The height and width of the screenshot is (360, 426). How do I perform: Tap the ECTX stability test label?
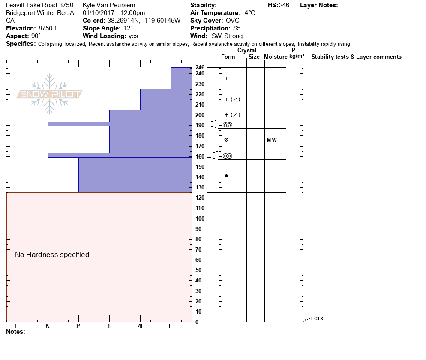[x=317, y=318]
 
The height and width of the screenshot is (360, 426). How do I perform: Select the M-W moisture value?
[x=272, y=140]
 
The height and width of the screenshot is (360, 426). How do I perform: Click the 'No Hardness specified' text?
[x=52, y=255]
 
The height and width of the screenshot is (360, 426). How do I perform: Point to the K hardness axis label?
[x=48, y=326]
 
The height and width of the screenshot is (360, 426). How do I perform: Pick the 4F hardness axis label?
[x=141, y=326]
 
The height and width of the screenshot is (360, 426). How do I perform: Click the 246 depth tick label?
[x=200, y=68]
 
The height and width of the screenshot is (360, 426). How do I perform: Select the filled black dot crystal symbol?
[x=226, y=176]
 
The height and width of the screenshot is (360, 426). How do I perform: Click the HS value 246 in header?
[x=284, y=5]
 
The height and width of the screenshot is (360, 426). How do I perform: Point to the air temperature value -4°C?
[x=246, y=13]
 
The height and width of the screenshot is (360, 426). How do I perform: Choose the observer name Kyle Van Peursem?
[x=109, y=5]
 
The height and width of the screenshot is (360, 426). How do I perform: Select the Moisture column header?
[x=276, y=57]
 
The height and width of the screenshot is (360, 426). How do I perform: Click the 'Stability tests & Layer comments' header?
[x=357, y=57]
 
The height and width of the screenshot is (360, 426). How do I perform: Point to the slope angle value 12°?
[x=126, y=28]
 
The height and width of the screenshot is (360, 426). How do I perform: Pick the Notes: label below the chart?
[x=16, y=332]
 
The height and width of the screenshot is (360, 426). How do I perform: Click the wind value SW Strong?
[x=227, y=36]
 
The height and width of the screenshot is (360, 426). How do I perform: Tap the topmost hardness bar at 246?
[x=181, y=78]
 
